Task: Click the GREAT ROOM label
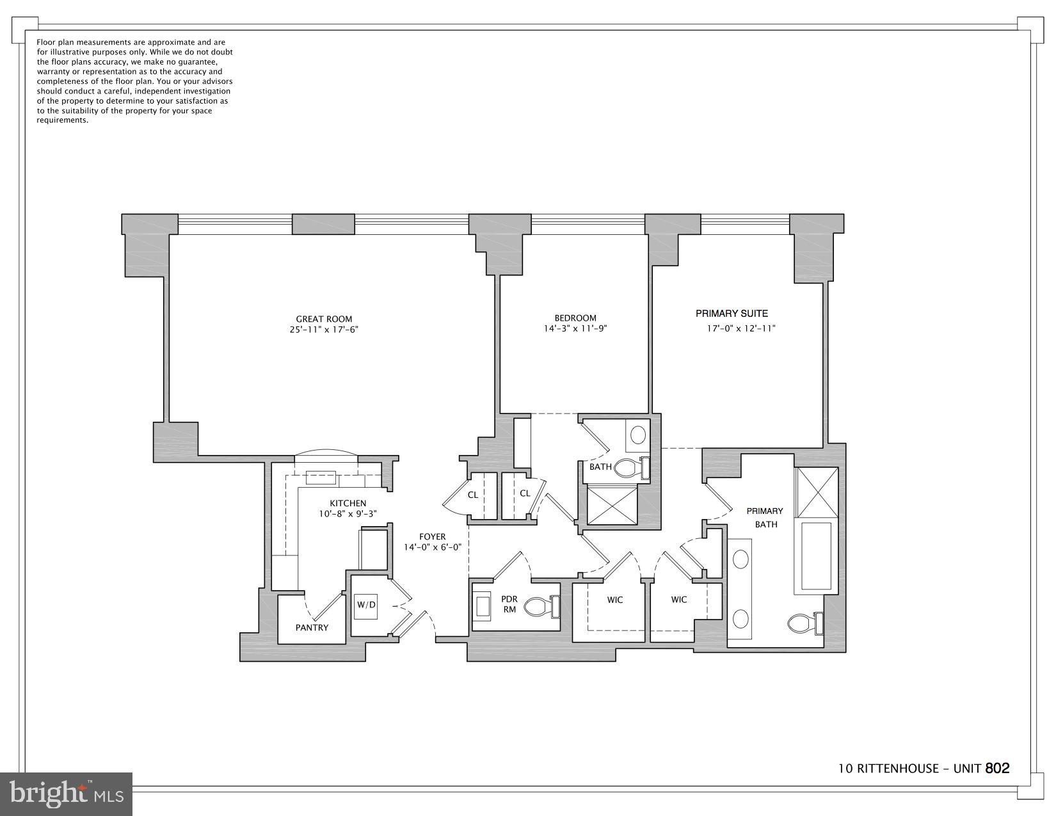click(x=324, y=319)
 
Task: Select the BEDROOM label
click(x=575, y=318)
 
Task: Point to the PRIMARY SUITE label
click(x=732, y=314)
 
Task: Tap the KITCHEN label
click(x=348, y=503)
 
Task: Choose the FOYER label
click(x=433, y=536)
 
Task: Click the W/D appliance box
click(x=366, y=605)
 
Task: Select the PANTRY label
click(x=312, y=628)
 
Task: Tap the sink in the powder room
click(x=482, y=606)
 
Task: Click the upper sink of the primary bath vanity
click(x=740, y=559)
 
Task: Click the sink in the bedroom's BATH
click(x=638, y=435)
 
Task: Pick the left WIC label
click(x=615, y=600)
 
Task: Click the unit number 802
click(x=997, y=768)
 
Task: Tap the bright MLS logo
click(x=67, y=794)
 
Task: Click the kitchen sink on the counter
click(x=321, y=477)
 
